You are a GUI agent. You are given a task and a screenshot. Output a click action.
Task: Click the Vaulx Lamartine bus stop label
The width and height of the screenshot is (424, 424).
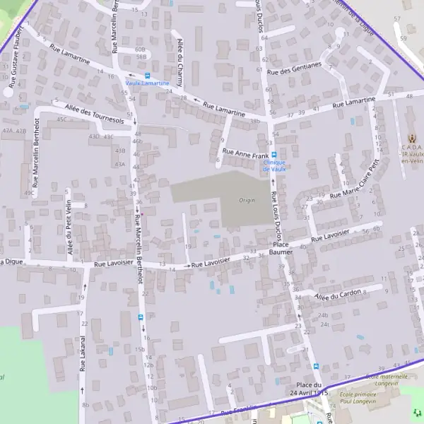(147, 83)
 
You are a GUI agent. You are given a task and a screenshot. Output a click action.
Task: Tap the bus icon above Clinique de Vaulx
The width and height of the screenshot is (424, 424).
(275, 155)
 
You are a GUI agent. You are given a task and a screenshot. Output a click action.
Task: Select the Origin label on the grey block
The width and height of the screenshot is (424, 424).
(247, 200)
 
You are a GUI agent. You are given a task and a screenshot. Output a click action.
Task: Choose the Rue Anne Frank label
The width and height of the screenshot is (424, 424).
(245, 152)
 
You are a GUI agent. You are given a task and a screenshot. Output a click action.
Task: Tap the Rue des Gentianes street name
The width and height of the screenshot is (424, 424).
(295, 69)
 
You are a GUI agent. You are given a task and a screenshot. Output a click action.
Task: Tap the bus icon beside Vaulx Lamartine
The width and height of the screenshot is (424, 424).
(147, 75)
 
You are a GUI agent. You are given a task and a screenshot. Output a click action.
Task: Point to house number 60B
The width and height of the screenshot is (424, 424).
(140, 49)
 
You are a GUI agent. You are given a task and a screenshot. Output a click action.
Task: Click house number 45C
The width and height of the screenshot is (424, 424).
(61, 119)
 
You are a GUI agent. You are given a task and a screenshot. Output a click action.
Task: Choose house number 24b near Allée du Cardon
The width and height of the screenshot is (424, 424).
(324, 315)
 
